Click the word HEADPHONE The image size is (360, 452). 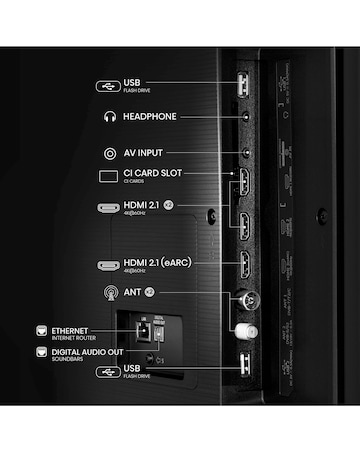click(x=150, y=117)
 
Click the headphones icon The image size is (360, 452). click(x=109, y=117)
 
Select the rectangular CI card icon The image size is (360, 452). click(x=109, y=177)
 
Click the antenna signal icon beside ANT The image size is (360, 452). click(x=109, y=293)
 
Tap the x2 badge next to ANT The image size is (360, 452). click(x=148, y=293)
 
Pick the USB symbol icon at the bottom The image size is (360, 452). click(x=107, y=372)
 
